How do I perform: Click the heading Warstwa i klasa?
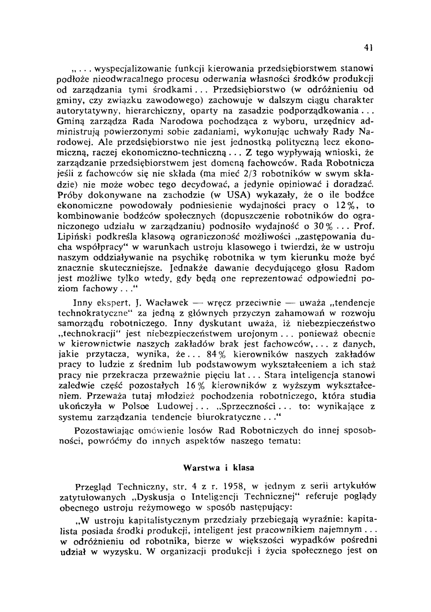click(x=219, y=467)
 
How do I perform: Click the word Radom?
click(x=362, y=267)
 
